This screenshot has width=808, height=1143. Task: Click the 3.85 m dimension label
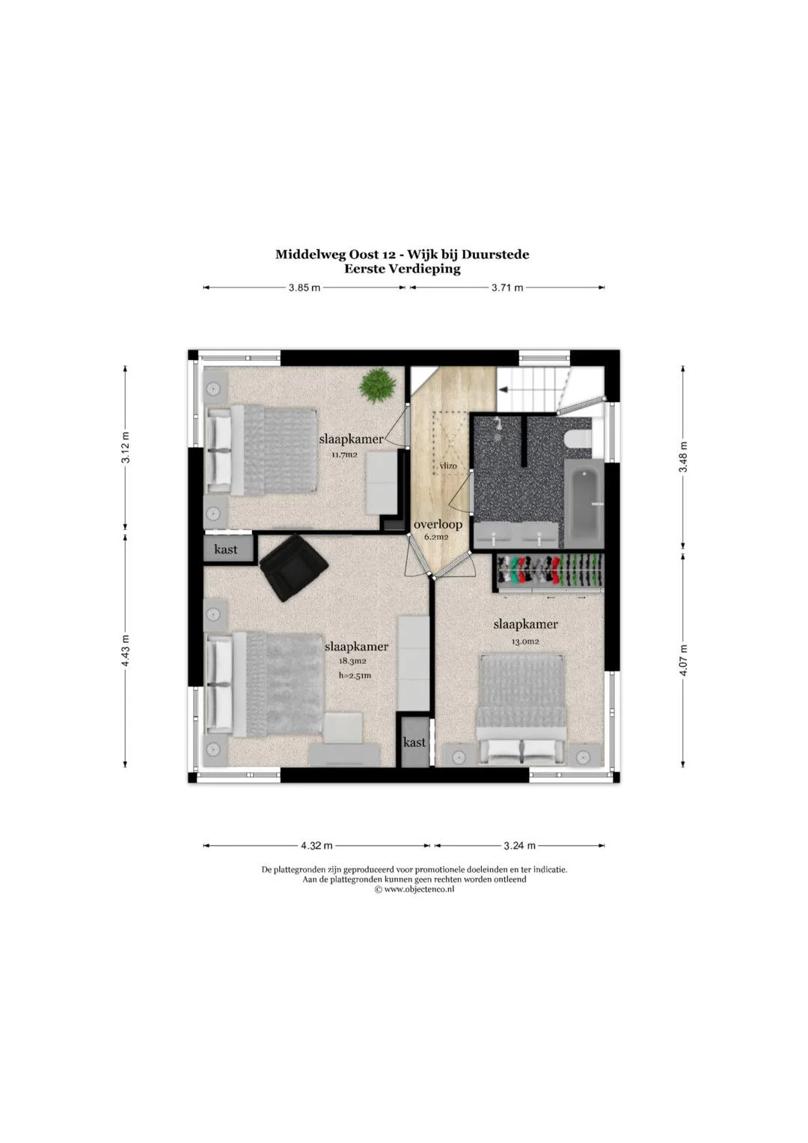[304, 287]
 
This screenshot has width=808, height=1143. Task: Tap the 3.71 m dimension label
[507, 287]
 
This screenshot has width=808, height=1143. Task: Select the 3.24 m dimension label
[520, 846]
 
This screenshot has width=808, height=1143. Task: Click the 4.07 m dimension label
[684, 659]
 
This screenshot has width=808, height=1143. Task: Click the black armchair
[293, 568]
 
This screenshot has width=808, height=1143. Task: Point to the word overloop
[438, 525]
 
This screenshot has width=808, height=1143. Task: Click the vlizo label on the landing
[448, 466]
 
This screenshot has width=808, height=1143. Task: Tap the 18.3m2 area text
[353, 661]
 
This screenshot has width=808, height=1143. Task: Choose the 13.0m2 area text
[525, 642]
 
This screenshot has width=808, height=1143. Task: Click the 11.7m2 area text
[344, 454]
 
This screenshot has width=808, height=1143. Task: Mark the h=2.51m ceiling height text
[355, 676]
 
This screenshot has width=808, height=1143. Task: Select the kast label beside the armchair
[225, 549]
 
